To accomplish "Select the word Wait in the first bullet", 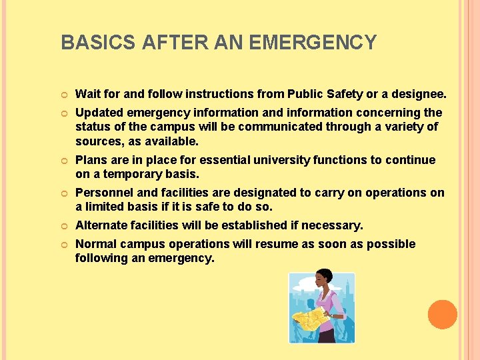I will tap(88, 93).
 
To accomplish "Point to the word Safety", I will tap(351, 93).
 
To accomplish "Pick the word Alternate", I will tap(102, 225).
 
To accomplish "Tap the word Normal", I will tap(96, 244).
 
